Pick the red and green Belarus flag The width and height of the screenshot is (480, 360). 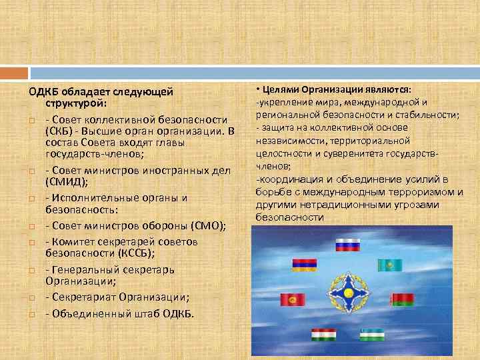pos(403,301)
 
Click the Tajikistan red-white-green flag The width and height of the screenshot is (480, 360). pos(325,334)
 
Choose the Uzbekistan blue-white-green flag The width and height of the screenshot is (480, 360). pos(372,333)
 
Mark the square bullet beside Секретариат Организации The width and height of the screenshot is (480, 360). pos(31,298)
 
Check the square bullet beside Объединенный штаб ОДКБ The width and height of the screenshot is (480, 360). pos(31,313)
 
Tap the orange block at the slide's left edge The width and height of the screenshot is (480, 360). pos(14,72)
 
